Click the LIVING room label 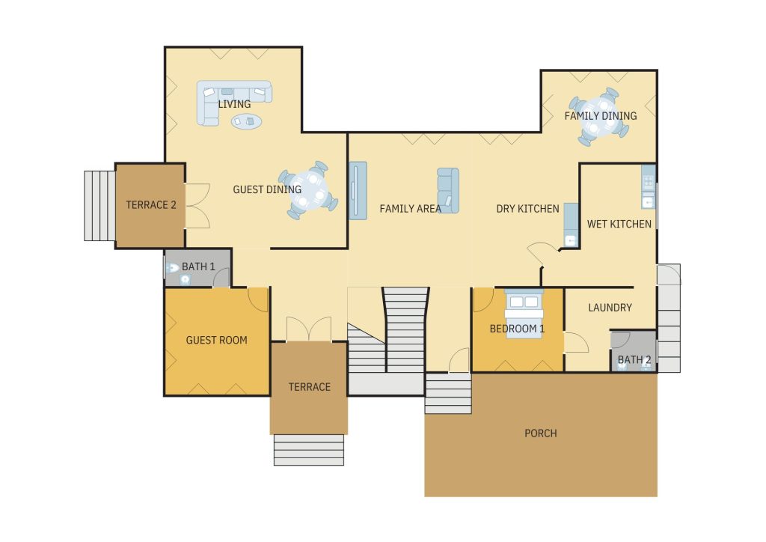pyautogui.click(x=234, y=104)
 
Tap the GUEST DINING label pyautogui.click(x=267, y=189)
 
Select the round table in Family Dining pyautogui.click(x=599, y=118)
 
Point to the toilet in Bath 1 pyautogui.click(x=171, y=268)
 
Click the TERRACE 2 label pyautogui.click(x=151, y=205)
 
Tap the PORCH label pyautogui.click(x=540, y=433)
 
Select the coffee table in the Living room pyautogui.click(x=246, y=121)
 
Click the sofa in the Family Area pyautogui.click(x=448, y=191)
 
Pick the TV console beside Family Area pyautogui.click(x=358, y=191)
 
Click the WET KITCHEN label pyautogui.click(x=619, y=224)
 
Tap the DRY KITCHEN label pyautogui.click(x=527, y=209)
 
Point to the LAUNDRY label pyautogui.click(x=610, y=308)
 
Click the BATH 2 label pyautogui.click(x=634, y=359)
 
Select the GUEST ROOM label pyautogui.click(x=216, y=340)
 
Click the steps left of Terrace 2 pyautogui.click(x=99, y=206)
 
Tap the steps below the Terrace pyautogui.click(x=309, y=450)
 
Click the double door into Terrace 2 pyautogui.click(x=197, y=206)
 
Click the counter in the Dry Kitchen pyautogui.click(x=571, y=225)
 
